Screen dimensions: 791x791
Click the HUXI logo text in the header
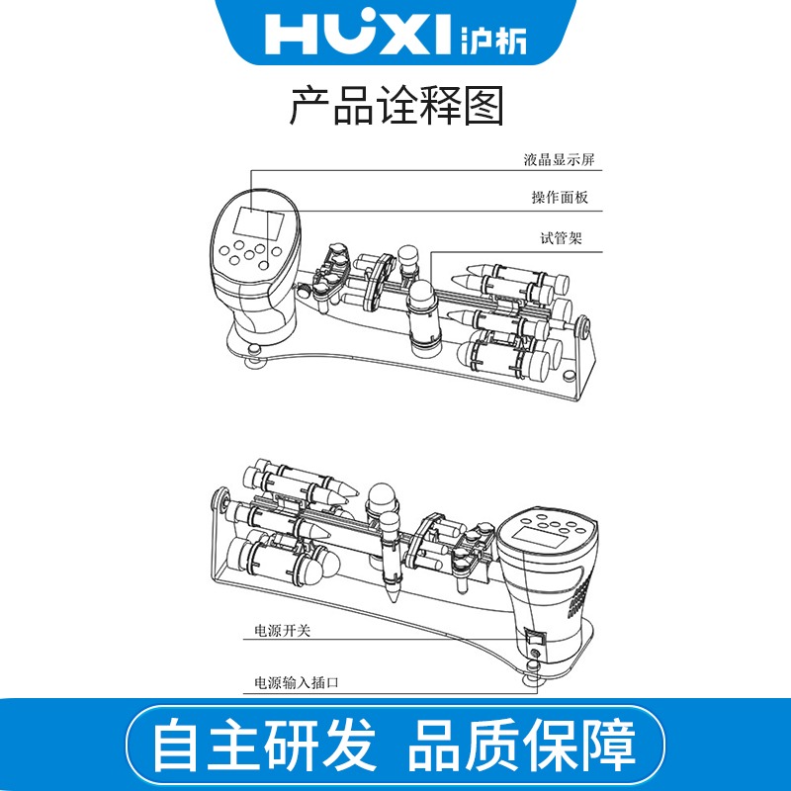[x=357, y=34]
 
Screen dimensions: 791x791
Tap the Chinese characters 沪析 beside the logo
[x=493, y=40]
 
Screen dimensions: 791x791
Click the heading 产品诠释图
[x=396, y=106]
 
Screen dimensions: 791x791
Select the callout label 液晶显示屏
[x=559, y=160]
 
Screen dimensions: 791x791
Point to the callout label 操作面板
[x=560, y=197]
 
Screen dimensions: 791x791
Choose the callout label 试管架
[x=562, y=237]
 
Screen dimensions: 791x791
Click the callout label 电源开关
[x=282, y=631]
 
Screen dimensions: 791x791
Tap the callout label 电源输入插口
[x=296, y=682]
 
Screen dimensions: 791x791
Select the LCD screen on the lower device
[x=540, y=537]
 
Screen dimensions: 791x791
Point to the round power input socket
[x=535, y=655]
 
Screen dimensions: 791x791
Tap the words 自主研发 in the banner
[x=264, y=745]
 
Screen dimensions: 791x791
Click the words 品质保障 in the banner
[x=522, y=745]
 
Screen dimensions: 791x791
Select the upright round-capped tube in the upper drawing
[x=423, y=317]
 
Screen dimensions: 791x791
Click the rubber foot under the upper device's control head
[x=255, y=357]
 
